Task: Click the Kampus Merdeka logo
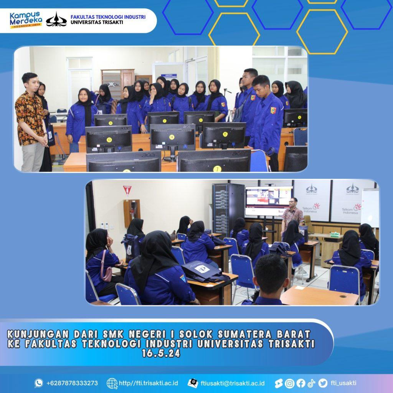26,20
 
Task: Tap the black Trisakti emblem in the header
56,20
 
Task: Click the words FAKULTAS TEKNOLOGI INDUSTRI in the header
108,17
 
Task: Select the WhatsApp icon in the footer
39,383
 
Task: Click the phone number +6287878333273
72,383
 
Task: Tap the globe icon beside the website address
112,383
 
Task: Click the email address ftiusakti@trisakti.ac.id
233,383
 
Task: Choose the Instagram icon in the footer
289,383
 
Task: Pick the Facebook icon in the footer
301,383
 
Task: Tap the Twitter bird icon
323,383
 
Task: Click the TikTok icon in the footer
312,383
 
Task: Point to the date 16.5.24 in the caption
161,353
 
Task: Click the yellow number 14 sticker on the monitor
172,137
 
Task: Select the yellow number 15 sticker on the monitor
225,134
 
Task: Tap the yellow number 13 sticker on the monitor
109,140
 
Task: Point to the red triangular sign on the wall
127,190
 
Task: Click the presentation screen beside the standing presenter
268,201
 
